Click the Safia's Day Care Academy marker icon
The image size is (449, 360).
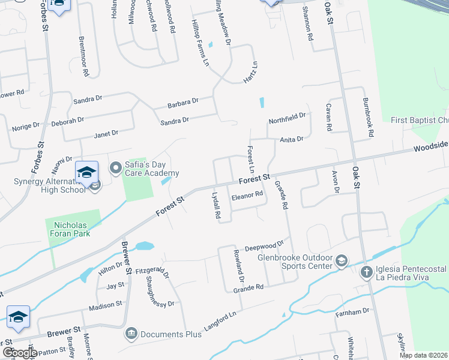click(x=115, y=167)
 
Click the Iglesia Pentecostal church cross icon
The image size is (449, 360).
click(x=366, y=272)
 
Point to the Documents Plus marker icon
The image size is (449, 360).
click(x=131, y=333)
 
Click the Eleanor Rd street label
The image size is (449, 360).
click(x=249, y=194)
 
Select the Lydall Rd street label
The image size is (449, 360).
click(x=216, y=205)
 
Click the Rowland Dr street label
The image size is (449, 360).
click(x=238, y=266)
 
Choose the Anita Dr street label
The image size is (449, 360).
click(x=292, y=139)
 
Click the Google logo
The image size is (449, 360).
click(x=20, y=353)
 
